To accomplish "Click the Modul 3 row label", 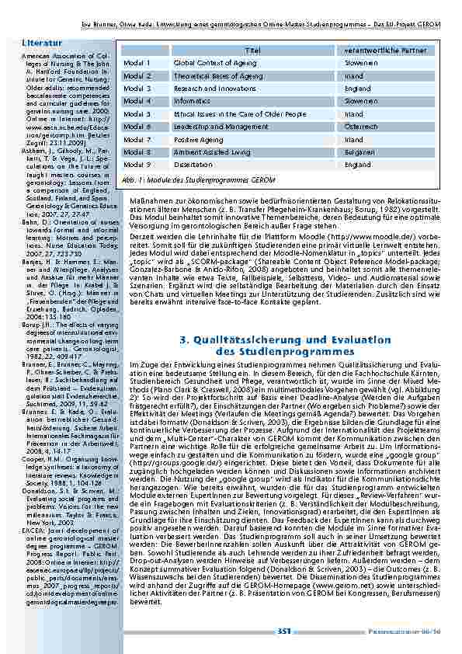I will pos(137,89).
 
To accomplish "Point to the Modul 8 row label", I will pos(137,153).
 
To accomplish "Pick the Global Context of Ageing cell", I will pos(215,62).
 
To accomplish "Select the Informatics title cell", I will pos(192,101).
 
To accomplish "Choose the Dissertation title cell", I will pos(193,165).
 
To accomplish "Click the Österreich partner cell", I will pos(362,127).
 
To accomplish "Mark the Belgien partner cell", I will pos(359,153).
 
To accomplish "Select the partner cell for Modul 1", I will pos(363,62).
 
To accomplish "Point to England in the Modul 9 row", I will pos(358,165).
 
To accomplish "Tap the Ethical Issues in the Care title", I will pos(240,114).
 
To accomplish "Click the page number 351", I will pos(283,631).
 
